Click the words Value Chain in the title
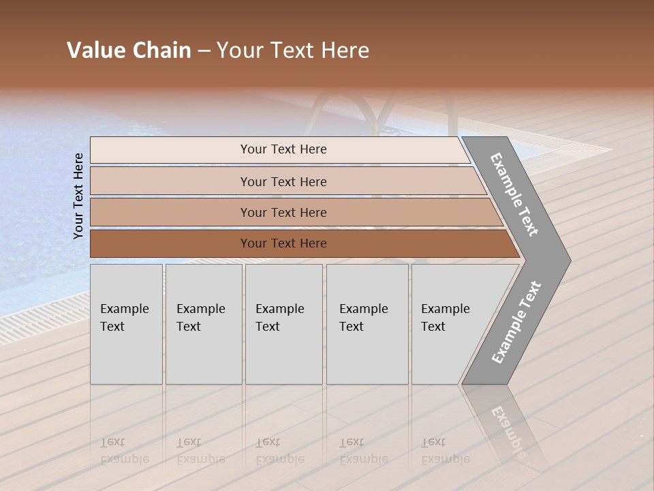(x=129, y=50)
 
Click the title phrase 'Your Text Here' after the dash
(x=293, y=50)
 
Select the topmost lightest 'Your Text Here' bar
(x=283, y=149)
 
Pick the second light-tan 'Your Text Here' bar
(x=283, y=181)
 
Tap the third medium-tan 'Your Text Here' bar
(x=283, y=212)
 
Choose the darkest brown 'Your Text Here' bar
(x=283, y=243)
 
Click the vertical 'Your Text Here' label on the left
(x=78, y=196)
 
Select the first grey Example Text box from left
(x=126, y=324)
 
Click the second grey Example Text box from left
(x=203, y=324)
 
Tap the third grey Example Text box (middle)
(x=283, y=324)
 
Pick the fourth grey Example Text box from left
(x=367, y=324)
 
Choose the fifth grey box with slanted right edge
(x=450, y=324)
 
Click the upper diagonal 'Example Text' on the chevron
(x=514, y=194)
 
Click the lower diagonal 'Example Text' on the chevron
(x=516, y=322)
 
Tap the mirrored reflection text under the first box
(x=124, y=451)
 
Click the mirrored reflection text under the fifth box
(x=445, y=451)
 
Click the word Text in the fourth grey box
(x=352, y=327)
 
